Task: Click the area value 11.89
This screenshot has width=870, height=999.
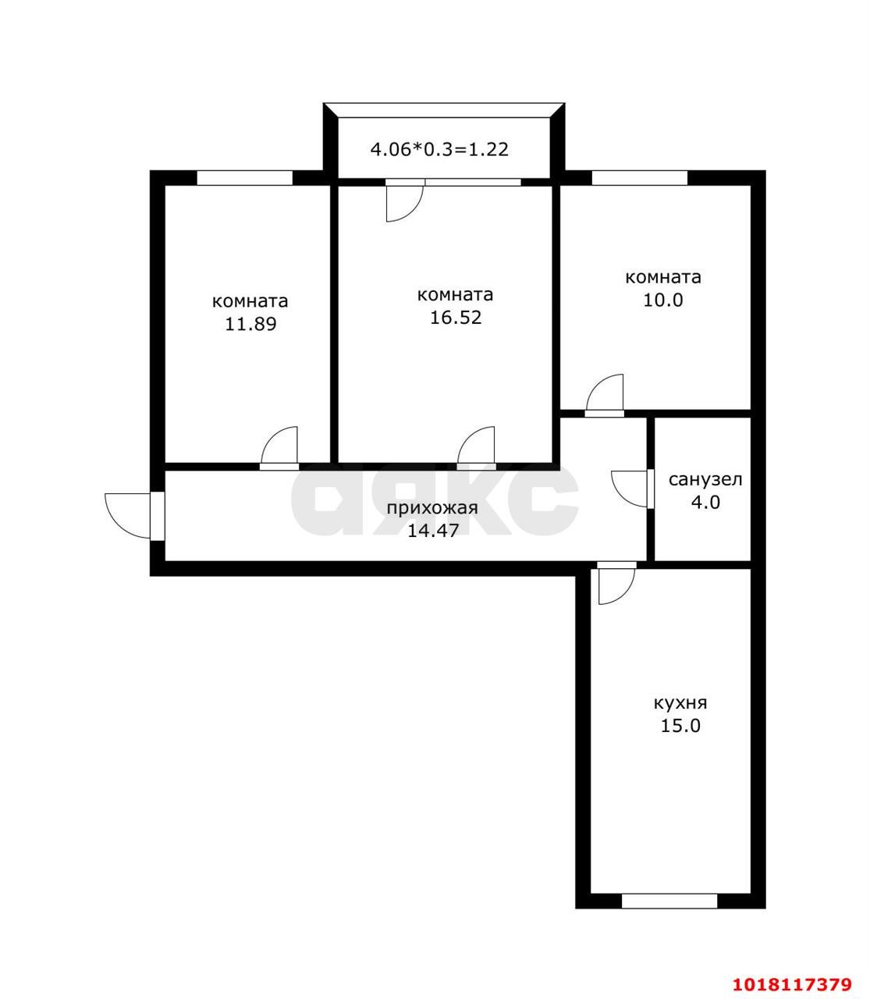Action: click(x=250, y=324)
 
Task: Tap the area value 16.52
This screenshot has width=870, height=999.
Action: click(x=455, y=318)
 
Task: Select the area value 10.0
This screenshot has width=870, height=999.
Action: click(x=662, y=300)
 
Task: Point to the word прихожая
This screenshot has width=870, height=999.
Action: click(x=431, y=508)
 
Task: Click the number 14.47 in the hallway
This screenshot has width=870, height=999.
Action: click(x=433, y=531)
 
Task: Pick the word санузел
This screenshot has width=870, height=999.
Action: click(x=705, y=480)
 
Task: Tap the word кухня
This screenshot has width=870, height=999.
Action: click(x=680, y=704)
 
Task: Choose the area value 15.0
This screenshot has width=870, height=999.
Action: click(x=680, y=726)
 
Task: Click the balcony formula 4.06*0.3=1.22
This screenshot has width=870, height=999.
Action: click(x=439, y=149)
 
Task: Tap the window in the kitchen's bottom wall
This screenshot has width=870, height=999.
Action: click(x=669, y=901)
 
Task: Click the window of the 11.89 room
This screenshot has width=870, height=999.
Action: click(x=244, y=178)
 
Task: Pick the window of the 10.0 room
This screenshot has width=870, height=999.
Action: click(x=639, y=178)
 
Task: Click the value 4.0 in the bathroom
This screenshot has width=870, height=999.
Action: click(x=705, y=503)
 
